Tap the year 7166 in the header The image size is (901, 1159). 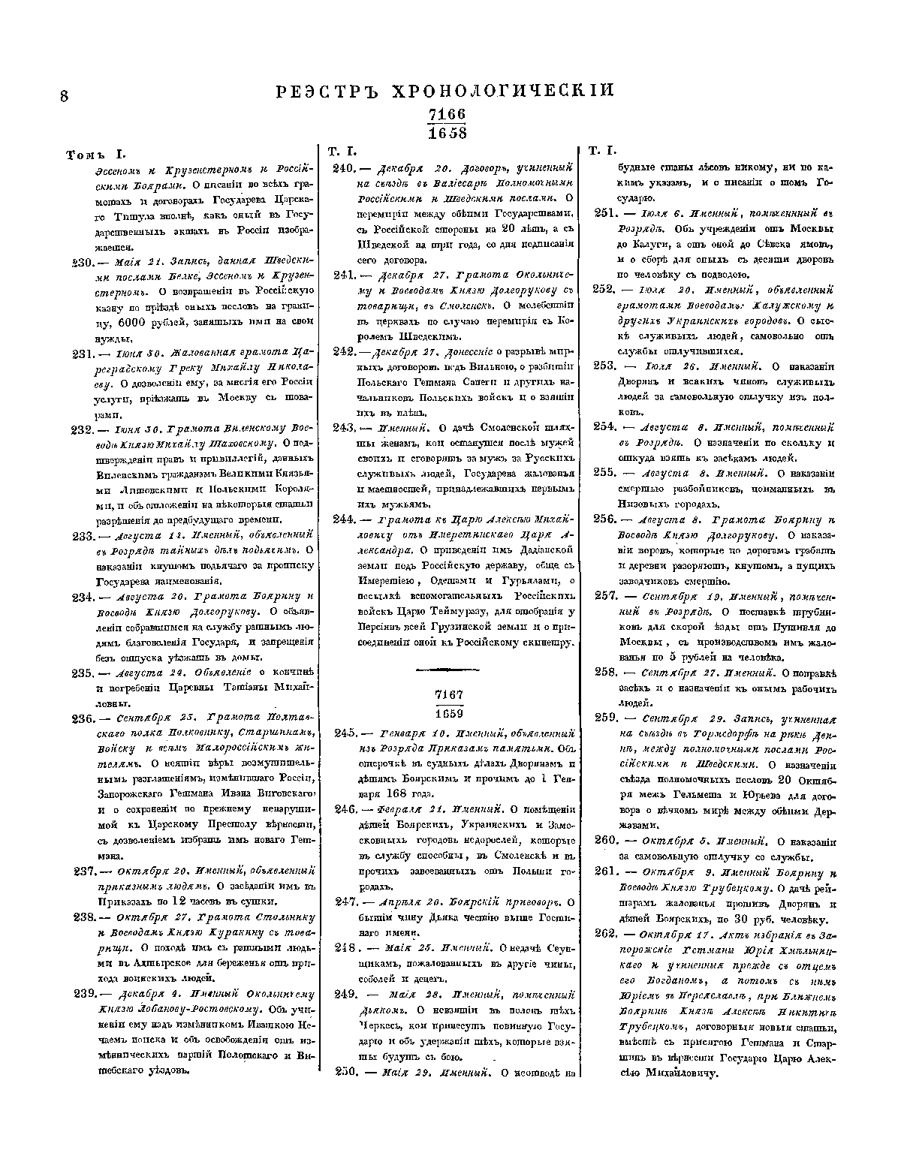pyautogui.click(x=447, y=114)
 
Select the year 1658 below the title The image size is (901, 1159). pyautogui.click(x=447, y=133)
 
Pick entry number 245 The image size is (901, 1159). pyautogui.click(x=343, y=732)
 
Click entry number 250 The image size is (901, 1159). pyautogui.click(x=343, y=1071)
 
